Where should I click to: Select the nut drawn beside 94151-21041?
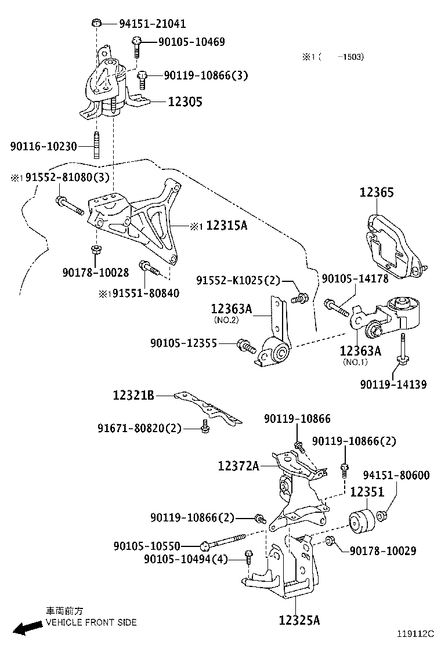pyautogui.click(x=97, y=23)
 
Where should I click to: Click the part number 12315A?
pyautogui.click(x=226, y=225)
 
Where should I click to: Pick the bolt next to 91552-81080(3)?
pyautogui.click(x=66, y=203)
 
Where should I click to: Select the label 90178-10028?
pyautogui.click(x=96, y=272)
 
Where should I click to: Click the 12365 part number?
pyautogui.click(x=377, y=193)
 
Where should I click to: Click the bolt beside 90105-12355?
pyautogui.click(x=246, y=347)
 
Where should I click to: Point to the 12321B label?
pyautogui.click(x=133, y=396)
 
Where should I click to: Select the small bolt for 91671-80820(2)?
pyautogui.click(x=204, y=426)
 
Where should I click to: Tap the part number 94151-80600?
pyautogui.click(x=396, y=476)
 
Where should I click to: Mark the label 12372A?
pyautogui.click(x=238, y=465)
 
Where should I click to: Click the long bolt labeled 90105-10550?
pyautogui.click(x=226, y=542)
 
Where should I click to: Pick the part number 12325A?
pyautogui.click(x=299, y=620)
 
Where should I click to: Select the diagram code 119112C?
pyautogui.click(x=415, y=635)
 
